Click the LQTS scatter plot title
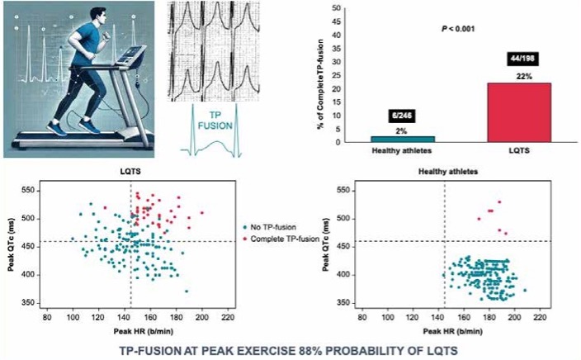[131, 170]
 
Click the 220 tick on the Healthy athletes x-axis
[541, 316]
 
